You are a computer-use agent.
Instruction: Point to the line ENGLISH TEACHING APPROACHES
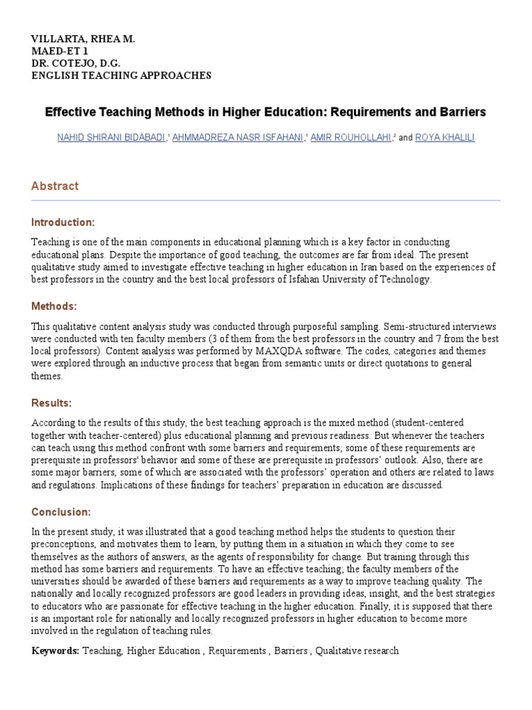coord(121,75)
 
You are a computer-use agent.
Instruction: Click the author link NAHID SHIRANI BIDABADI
coord(111,138)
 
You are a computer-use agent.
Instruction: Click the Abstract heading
coord(55,186)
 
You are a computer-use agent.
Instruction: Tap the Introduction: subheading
coord(62,222)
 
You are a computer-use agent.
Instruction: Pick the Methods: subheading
coord(54,306)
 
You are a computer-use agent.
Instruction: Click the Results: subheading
coord(51,402)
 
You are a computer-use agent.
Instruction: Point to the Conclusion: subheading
coord(61,512)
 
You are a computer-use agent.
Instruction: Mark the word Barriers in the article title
coord(463,112)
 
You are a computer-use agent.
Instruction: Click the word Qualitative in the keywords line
coord(339,651)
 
